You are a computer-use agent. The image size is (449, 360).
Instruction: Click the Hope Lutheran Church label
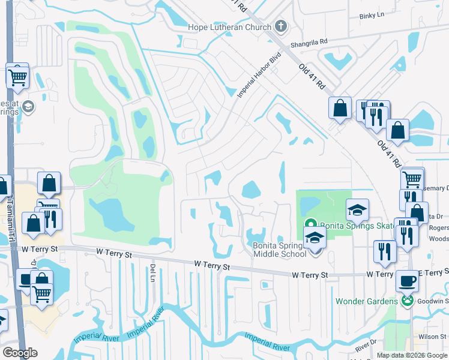pos(230,26)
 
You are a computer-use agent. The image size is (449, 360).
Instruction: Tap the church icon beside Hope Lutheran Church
pos(280,26)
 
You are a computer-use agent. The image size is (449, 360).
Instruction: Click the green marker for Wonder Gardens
pos(408,301)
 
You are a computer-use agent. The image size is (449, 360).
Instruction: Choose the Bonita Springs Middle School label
pos(280,249)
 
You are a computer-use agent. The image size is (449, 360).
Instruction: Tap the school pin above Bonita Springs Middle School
pos(314,238)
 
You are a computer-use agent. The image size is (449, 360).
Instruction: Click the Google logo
pos(20,353)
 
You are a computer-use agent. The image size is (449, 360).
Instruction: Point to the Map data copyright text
pos(412,355)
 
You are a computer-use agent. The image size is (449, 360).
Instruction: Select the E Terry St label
pos(433,274)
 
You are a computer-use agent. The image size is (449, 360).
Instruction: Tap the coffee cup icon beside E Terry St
pos(407,280)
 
